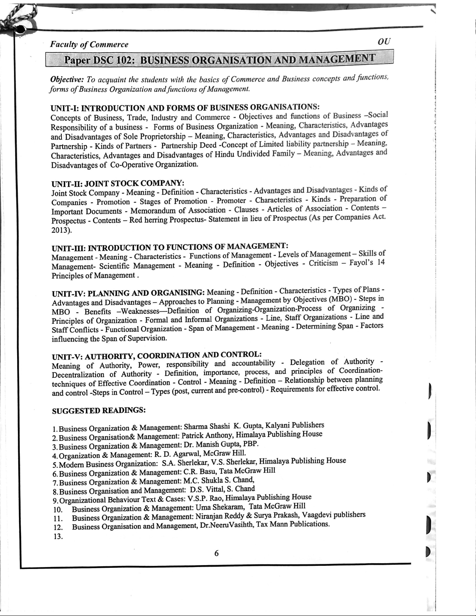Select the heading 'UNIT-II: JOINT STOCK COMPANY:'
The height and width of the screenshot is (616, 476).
pos(117,183)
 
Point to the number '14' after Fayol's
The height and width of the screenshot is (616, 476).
pos(381,262)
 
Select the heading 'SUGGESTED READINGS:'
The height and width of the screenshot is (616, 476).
pos(99,410)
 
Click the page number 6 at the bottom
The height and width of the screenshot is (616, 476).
pos(216,553)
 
